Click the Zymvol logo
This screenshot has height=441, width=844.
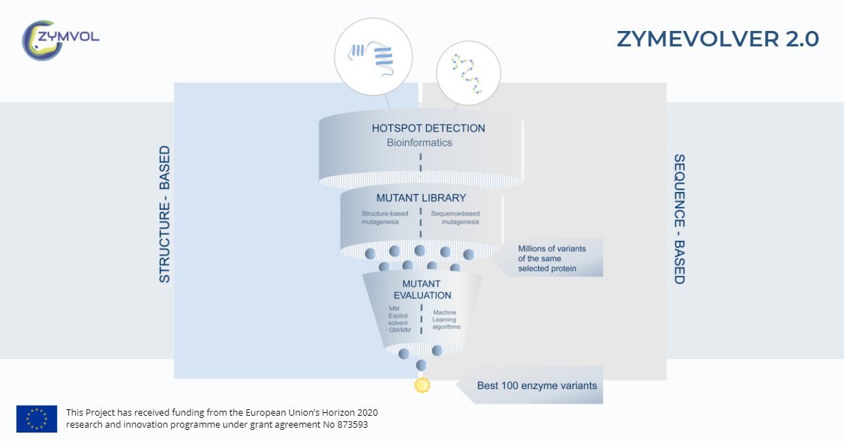(60, 39)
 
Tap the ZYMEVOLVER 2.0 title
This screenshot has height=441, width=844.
(717, 39)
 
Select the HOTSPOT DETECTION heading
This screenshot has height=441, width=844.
(428, 129)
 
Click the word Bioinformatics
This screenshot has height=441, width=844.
(419, 143)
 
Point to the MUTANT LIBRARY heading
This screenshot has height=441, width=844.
(421, 198)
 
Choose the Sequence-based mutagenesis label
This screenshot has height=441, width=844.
(455, 217)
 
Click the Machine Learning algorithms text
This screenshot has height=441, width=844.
(446, 319)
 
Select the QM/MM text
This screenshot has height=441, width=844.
(399, 331)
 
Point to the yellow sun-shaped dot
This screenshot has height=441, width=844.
(422, 385)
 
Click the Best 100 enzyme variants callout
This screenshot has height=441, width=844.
(537, 385)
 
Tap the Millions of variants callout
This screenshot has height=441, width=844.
(551, 258)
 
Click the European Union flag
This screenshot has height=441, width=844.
(37, 418)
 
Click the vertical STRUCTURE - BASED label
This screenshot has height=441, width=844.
(165, 215)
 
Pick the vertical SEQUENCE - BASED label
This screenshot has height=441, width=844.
(679, 219)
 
